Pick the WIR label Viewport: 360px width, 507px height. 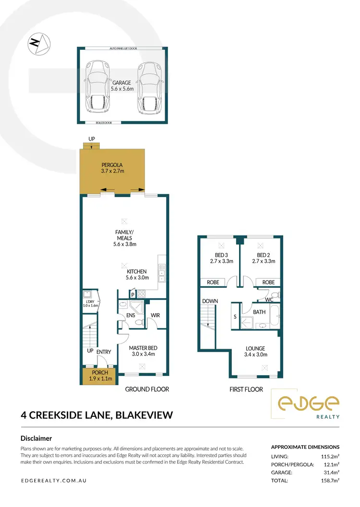pos(155,316)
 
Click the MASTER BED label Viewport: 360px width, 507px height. pos(143,351)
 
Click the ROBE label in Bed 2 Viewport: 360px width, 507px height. pos(269,282)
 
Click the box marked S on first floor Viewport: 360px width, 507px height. pos(235,317)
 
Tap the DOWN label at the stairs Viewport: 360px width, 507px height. pos(210,301)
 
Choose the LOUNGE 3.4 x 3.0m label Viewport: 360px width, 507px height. pos(255,352)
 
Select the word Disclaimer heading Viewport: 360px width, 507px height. pos(36,438)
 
